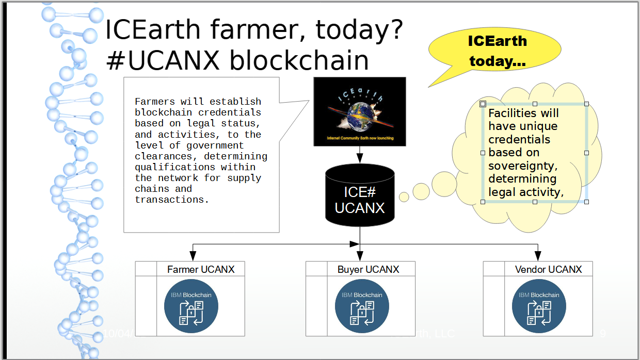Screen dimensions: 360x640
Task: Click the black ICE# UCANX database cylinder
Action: (360, 196)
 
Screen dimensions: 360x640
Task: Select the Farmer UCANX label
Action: (201, 269)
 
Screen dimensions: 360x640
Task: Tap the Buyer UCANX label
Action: (368, 269)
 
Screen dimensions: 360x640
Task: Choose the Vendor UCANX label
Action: (548, 269)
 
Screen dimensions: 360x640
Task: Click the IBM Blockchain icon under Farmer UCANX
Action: (191, 306)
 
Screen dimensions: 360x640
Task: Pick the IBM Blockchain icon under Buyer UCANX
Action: (362, 306)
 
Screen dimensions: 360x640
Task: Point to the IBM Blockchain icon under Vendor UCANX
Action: (539, 306)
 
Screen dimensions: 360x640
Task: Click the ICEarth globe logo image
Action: (360, 111)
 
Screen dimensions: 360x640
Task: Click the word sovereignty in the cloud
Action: (523, 166)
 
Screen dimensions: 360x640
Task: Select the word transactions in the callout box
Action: (172, 200)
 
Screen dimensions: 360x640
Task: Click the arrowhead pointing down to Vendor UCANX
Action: (537, 256)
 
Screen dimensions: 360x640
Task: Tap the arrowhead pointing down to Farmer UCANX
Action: (193, 256)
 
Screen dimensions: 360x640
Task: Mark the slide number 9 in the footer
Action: (602, 334)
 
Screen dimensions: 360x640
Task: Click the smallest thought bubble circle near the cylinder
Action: (404, 197)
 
